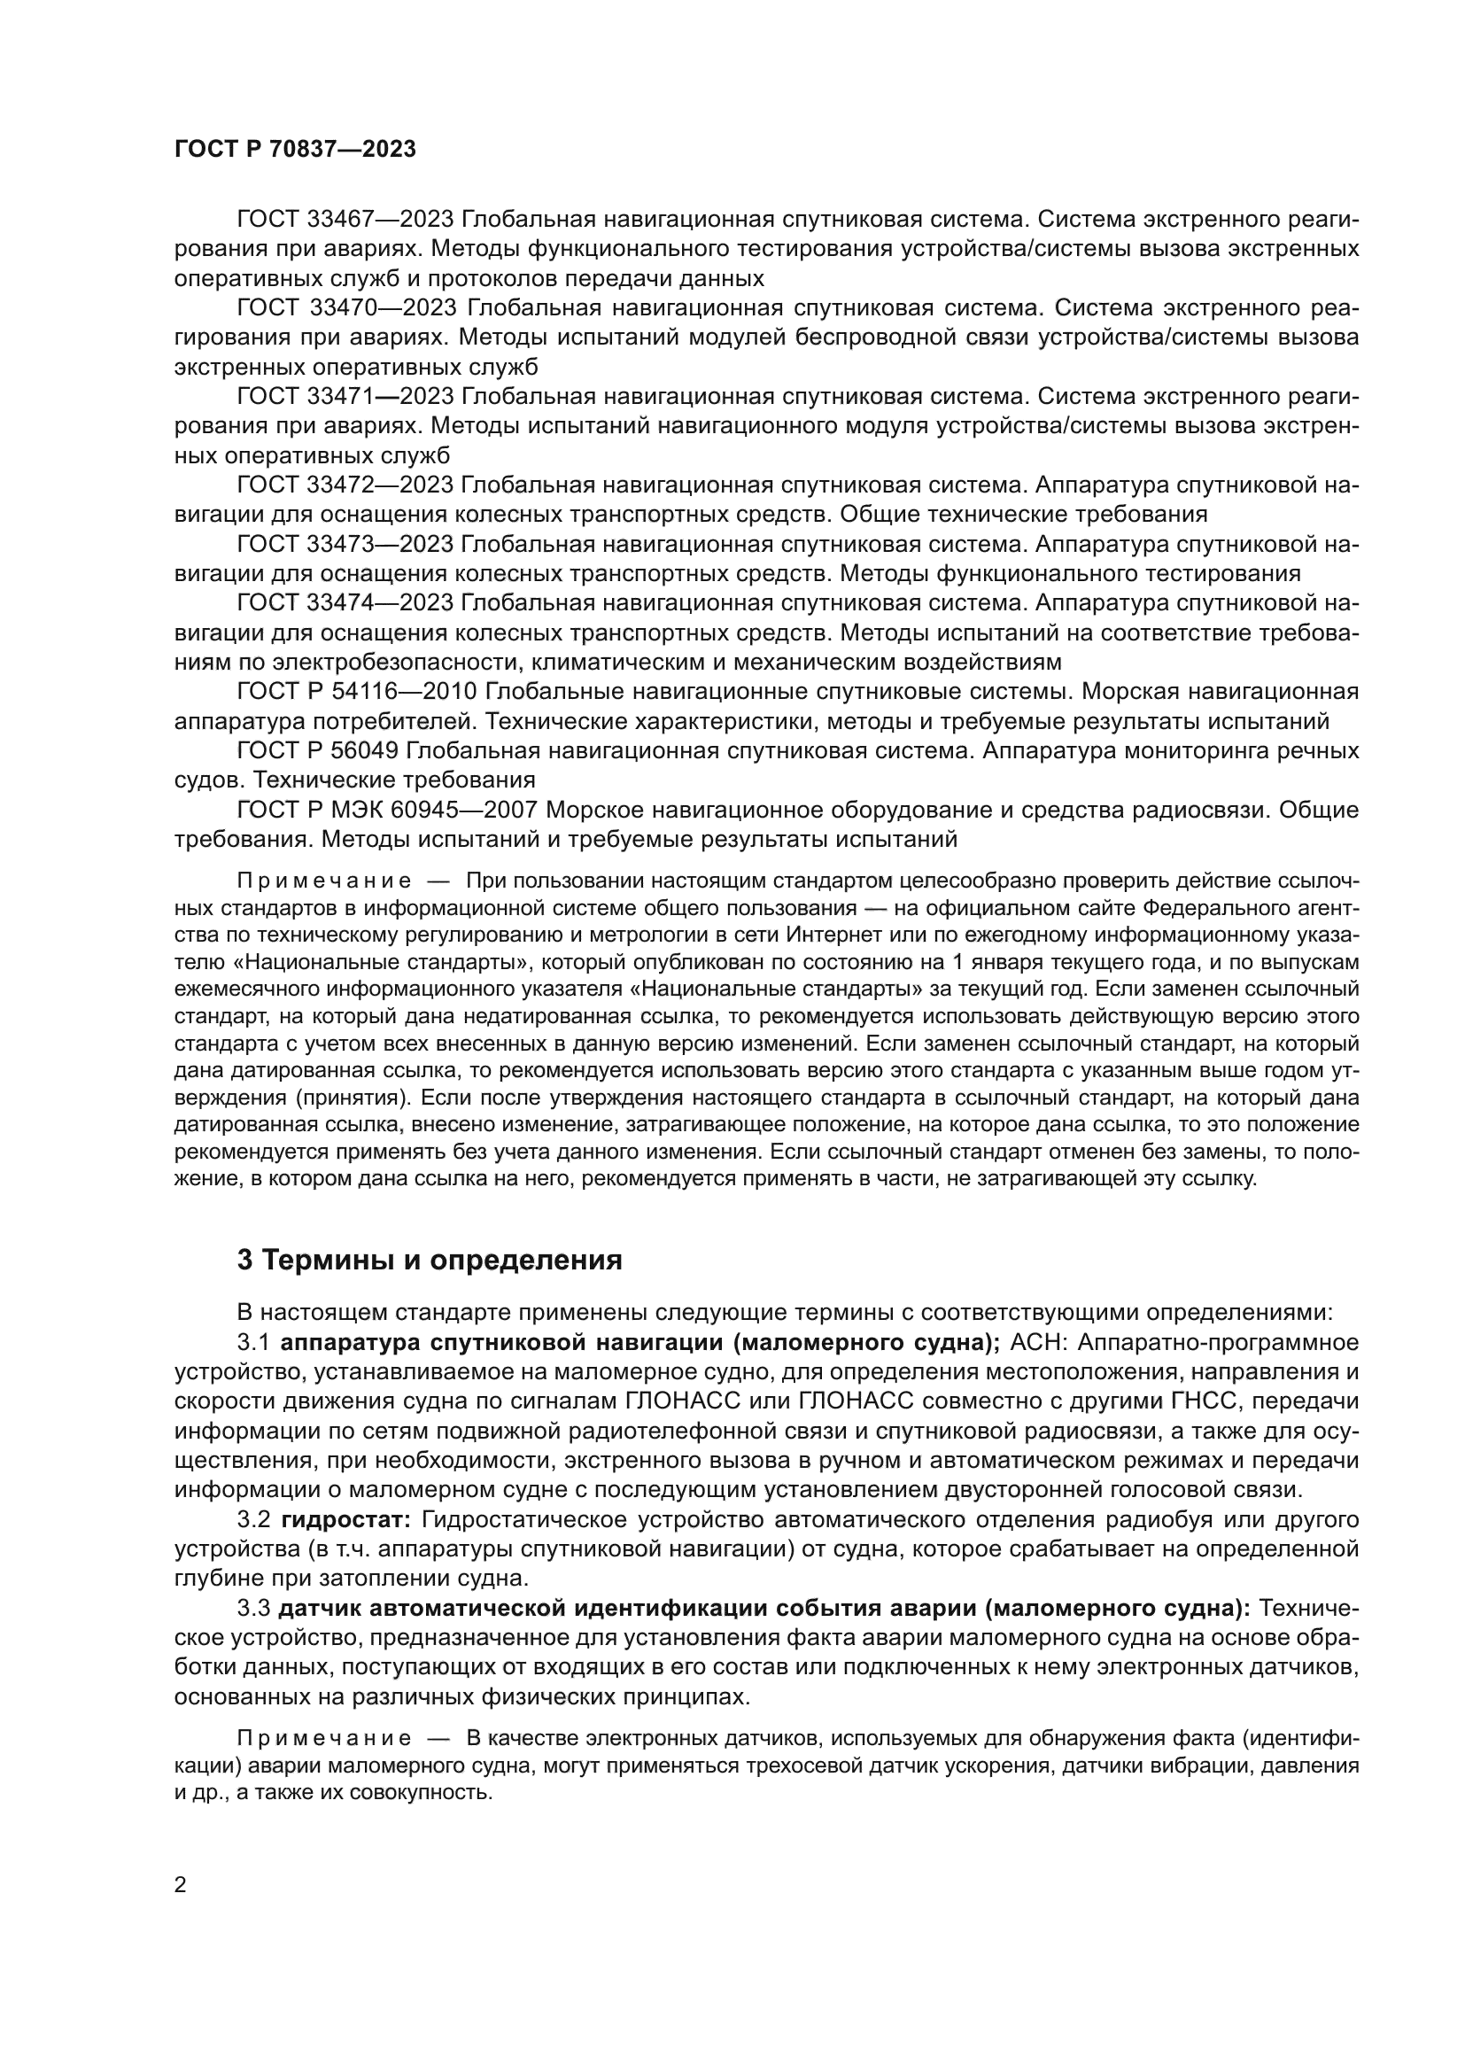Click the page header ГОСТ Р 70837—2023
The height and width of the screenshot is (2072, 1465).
point(295,150)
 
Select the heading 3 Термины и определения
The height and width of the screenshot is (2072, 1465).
point(430,1261)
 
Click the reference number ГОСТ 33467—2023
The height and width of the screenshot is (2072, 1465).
point(345,220)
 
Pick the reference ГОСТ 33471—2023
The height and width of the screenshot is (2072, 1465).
point(345,397)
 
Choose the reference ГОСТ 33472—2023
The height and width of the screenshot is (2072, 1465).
point(345,485)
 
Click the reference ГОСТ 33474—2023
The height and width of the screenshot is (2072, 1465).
point(345,604)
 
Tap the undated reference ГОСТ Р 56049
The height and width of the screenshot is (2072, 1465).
point(322,751)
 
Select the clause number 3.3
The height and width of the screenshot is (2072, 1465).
point(254,1608)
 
